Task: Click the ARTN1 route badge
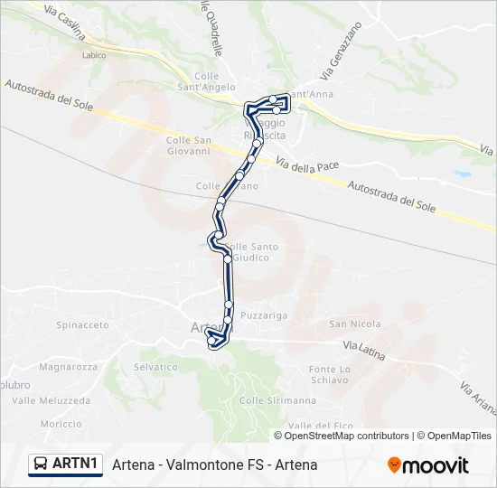64,464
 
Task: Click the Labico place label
93,55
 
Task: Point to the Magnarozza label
68,367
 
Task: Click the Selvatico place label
155,367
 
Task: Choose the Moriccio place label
61,424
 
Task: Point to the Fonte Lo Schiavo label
329,375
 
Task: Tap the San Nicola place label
349,324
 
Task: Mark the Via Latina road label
365,347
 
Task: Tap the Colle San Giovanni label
189,145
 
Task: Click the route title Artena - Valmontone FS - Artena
215,465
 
